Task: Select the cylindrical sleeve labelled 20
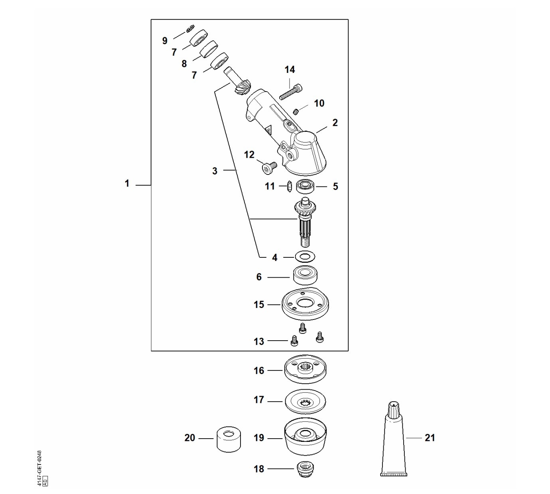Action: pos(229,443)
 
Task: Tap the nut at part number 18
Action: pos(305,470)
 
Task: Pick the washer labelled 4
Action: pos(305,257)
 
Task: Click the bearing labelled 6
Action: pos(305,278)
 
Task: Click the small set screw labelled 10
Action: pos(296,112)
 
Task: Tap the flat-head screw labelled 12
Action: pos(268,168)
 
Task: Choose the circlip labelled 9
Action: pos(190,28)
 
